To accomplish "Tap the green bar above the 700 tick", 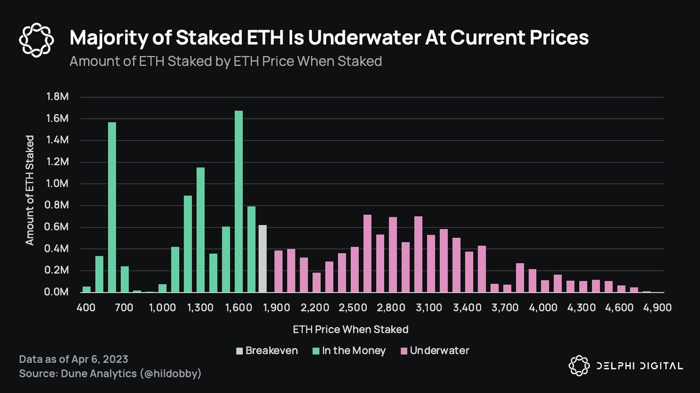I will click(x=124, y=279).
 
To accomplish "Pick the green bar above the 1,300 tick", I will click(x=201, y=230).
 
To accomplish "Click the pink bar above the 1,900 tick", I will click(x=278, y=271).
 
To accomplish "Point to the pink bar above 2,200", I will click(x=316, y=282).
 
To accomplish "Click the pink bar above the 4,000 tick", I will click(x=545, y=286).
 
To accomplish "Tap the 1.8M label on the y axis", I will click(x=57, y=97).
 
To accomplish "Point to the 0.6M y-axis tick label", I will click(x=57, y=227).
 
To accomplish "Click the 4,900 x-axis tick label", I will click(x=657, y=308).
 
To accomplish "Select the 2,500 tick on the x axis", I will click(x=353, y=308).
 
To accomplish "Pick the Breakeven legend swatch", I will click(x=239, y=351).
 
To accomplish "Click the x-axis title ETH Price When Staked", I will click(x=350, y=329).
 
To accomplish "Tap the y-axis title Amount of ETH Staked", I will click(x=30, y=190).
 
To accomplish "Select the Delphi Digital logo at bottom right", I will click(x=625, y=366).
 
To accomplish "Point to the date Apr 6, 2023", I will click(x=100, y=359).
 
